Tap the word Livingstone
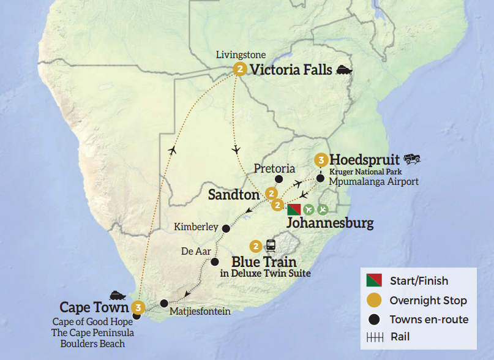coord(241,55)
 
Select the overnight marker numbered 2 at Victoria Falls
coord(240,70)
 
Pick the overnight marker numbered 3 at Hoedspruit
coord(320,160)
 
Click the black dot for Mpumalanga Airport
coord(320,179)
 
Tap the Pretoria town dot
coord(279,179)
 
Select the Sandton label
coord(233,195)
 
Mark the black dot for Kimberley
coord(226,228)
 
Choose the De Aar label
coord(195,251)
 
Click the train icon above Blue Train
coord(271,246)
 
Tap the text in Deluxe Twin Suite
coord(264,273)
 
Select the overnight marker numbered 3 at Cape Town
coord(139,307)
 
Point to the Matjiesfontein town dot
coord(164,303)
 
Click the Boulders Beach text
coord(92,343)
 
